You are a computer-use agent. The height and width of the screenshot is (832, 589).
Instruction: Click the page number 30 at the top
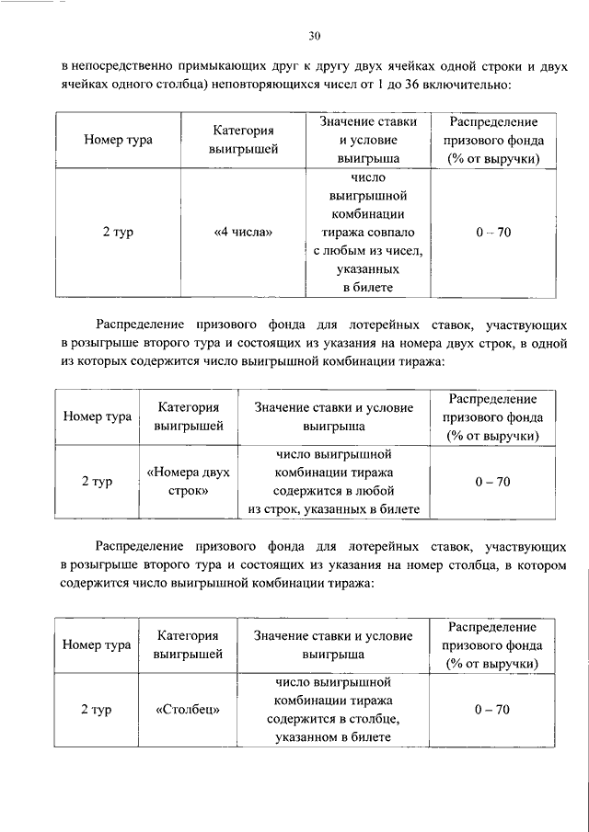(x=313, y=36)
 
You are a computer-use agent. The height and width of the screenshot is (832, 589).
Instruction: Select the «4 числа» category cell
(x=243, y=233)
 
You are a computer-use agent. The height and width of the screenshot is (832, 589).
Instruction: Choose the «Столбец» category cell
(x=188, y=710)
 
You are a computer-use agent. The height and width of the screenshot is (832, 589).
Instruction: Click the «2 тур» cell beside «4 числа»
(x=118, y=233)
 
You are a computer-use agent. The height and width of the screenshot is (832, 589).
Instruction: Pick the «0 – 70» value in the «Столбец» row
(x=492, y=710)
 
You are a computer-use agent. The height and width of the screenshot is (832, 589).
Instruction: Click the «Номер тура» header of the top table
(x=118, y=141)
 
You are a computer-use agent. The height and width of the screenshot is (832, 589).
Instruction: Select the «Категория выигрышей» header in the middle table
(x=188, y=416)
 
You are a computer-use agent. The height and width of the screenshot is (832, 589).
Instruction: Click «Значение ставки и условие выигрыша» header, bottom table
(x=333, y=644)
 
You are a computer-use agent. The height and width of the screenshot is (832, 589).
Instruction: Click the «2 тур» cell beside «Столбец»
(x=97, y=710)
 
